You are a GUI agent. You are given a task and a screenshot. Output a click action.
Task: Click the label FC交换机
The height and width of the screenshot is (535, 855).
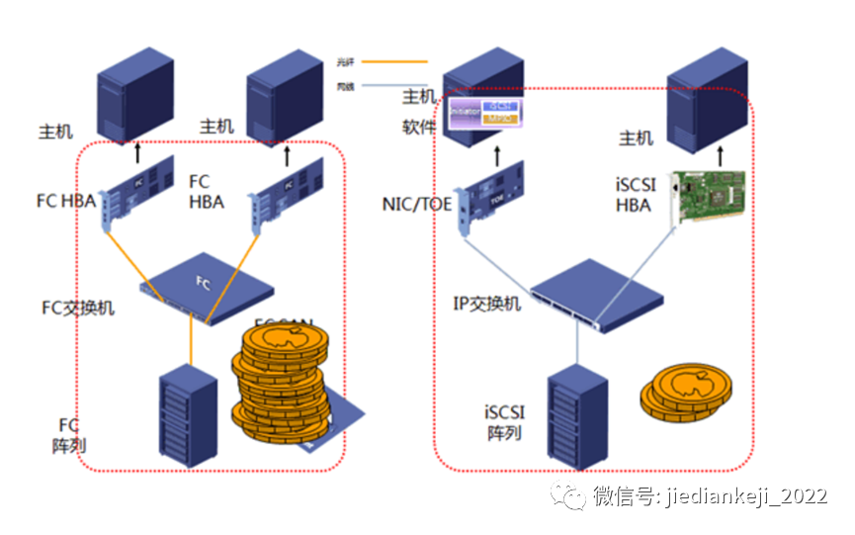click(x=77, y=308)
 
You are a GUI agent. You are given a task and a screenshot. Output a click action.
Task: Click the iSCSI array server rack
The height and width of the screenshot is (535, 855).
click(x=577, y=415)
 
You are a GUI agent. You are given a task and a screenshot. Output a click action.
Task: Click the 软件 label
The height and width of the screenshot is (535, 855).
click(x=418, y=127)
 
